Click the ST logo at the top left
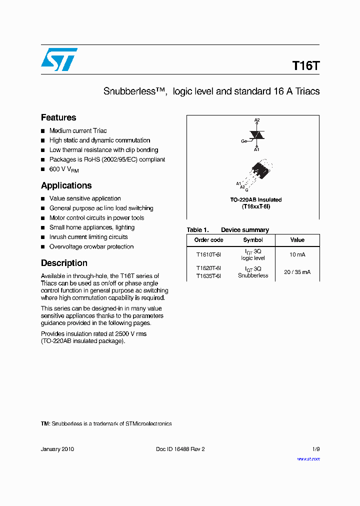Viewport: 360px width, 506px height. [x=59, y=59]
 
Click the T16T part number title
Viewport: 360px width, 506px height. [x=305, y=66]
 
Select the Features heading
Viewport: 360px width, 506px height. [x=58, y=117]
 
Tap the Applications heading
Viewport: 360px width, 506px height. [x=66, y=185]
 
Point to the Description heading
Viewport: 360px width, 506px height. [x=64, y=263]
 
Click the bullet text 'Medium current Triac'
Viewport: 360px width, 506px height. [x=78, y=131]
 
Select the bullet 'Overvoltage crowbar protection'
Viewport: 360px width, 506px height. [x=91, y=247]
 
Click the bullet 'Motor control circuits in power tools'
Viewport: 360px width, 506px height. [x=96, y=218]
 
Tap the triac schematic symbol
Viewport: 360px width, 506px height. [x=257, y=135]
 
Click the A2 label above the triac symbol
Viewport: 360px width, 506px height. [x=257, y=120]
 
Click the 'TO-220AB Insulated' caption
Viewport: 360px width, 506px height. [x=256, y=199]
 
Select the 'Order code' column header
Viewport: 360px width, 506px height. [x=209, y=240]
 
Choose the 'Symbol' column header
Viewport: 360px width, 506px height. [x=253, y=240]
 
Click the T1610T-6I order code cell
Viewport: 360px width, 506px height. [x=209, y=254]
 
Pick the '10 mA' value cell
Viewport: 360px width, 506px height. [x=297, y=254]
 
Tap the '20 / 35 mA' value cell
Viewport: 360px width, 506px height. [x=297, y=272]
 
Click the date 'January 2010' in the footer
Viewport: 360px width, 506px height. [x=57, y=449]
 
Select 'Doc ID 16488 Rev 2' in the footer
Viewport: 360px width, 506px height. [x=180, y=449]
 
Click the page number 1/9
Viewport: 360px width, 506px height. [x=315, y=449]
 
